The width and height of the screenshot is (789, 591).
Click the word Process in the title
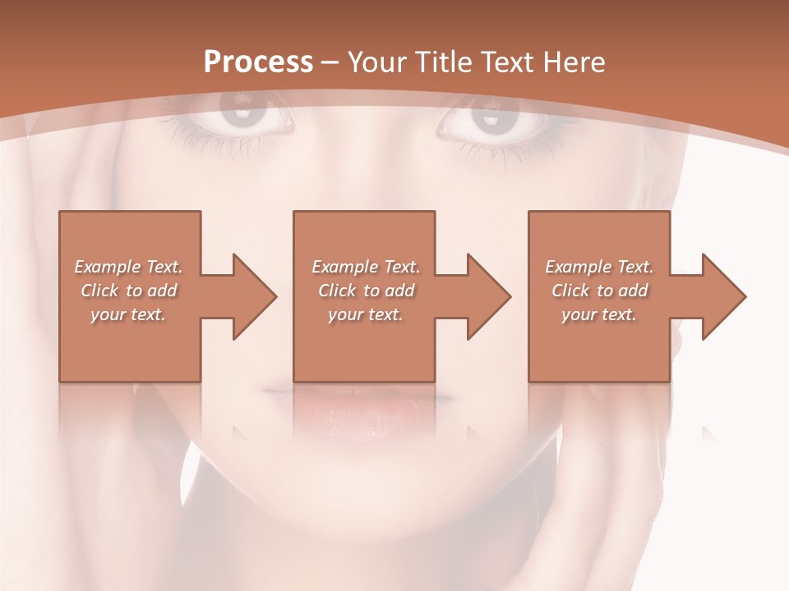coord(258,62)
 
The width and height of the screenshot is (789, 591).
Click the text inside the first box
coord(128,291)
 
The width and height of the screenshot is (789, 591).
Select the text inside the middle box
coord(365,291)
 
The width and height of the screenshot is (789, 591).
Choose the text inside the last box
coord(599,291)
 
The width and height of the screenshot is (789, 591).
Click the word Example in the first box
coord(107,267)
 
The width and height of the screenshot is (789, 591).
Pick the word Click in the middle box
coord(336,291)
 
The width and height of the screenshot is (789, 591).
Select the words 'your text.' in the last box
coord(599,314)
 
